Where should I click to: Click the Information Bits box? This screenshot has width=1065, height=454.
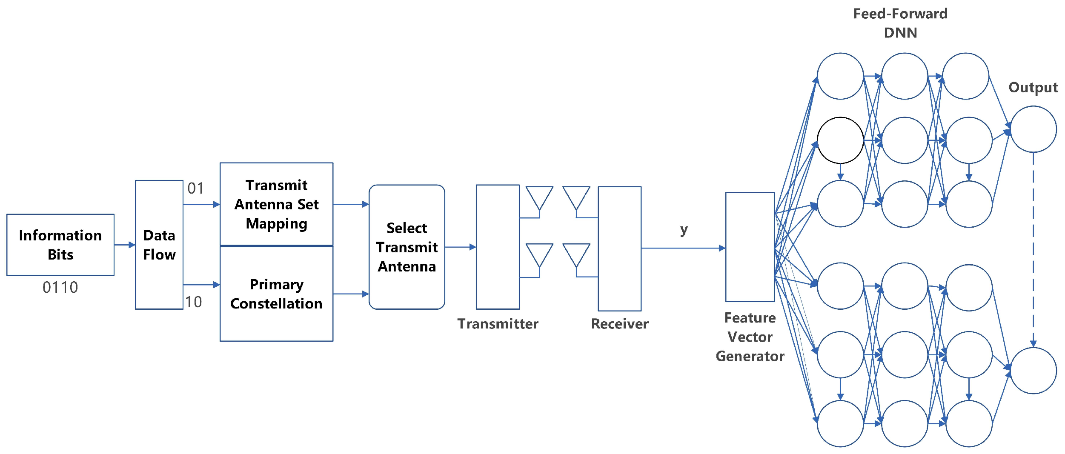click(x=60, y=245)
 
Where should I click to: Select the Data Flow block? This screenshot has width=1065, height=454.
click(x=159, y=245)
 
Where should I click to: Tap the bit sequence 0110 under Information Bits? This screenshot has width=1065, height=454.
click(x=60, y=288)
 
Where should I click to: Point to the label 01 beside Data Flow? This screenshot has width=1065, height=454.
click(x=195, y=188)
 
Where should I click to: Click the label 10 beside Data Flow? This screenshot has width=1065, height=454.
click(x=194, y=302)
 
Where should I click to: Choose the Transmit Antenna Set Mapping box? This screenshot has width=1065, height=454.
click(x=276, y=204)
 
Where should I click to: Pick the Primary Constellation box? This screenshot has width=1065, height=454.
click(x=276, y=294)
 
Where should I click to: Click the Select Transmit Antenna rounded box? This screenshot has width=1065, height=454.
click(x=407, y=247)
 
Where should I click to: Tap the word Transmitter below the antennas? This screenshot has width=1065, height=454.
click(x=498, y=324)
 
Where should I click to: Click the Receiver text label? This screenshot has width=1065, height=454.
click(x=619, y=324)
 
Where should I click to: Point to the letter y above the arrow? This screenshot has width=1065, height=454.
click(x=684, y=230)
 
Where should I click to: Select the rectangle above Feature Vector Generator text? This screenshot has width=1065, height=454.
click(x=750, y=247)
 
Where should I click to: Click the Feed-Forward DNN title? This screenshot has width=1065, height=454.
click(x=900, y=23)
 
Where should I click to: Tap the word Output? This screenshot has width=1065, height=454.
click(x=1033, y=88)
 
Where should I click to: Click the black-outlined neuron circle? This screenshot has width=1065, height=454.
click(x=840, y=140)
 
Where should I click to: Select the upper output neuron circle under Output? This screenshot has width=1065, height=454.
click(x=1033, y=129)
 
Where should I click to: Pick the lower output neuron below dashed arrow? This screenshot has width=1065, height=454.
click(x=1033, y=371)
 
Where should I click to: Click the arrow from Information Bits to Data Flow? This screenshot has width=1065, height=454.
click(x=125, y=245)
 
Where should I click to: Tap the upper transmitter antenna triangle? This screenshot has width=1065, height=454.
click(x=539, y=197)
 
